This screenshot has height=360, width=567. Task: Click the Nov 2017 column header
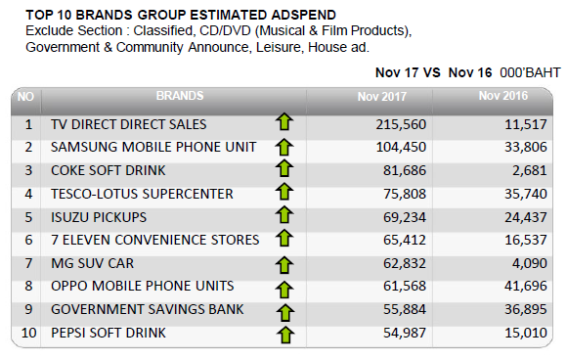tap(382, 97)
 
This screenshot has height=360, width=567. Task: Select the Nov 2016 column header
tap(503, 96)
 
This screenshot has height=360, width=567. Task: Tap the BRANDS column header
tap(180, 96)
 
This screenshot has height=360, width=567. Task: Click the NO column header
tap(25, 97)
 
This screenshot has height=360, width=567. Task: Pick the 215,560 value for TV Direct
tap(401, 124)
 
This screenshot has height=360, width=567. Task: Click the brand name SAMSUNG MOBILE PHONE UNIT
tap(153, 147)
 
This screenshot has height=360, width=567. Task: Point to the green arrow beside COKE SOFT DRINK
tap(284, 168)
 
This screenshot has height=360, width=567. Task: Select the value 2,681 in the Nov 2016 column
tap(530, 170)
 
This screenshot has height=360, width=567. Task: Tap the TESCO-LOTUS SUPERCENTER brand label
tap(142, 194)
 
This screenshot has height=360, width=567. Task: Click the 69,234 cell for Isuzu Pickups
tap(405, 217)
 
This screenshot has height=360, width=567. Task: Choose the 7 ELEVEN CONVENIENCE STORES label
tap(155, 240)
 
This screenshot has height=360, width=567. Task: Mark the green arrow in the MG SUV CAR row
tap(284, 265)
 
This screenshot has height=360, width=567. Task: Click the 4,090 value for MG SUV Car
tap(530, 263)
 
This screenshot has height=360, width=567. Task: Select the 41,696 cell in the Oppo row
tap(526, 287)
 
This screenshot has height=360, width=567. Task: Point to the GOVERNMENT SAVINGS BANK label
tap(148, 310)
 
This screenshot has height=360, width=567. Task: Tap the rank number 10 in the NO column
tap(29, 333)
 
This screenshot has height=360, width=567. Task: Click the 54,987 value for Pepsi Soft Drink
tap(405, 333)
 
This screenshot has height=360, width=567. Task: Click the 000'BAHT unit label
tap(530, 72)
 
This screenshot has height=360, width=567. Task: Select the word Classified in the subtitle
tap(162, 30)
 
